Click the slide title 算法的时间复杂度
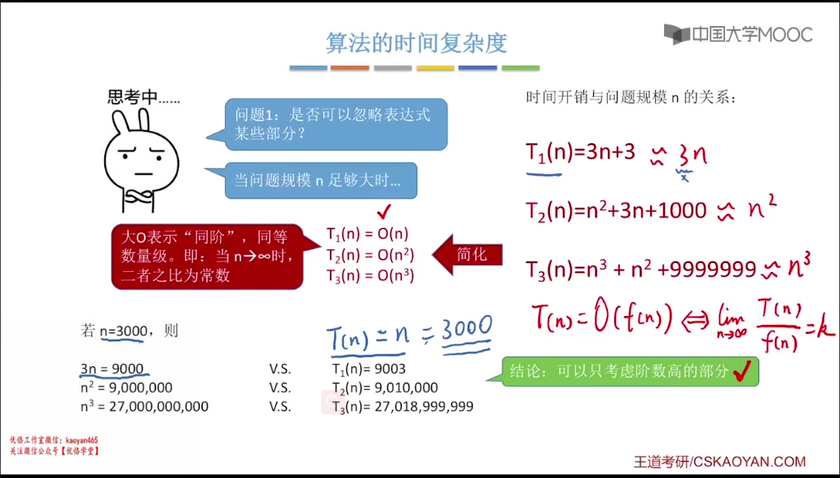pos(416,43)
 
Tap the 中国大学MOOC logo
pos(738,35)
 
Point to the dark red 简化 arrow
pos(467,255)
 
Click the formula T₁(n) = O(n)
pos(367,234)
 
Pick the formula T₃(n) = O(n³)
pos(370,275)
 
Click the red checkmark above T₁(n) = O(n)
pos(384,212)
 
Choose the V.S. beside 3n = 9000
pos(279,369)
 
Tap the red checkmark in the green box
pos(742,371)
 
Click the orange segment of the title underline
pos(350,68)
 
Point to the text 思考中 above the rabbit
pos(133,97)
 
